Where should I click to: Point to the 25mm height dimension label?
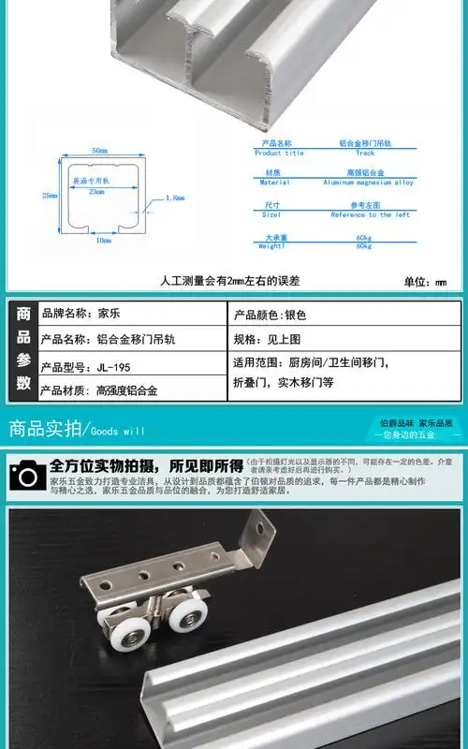pyautogui.click(x=50, y=195)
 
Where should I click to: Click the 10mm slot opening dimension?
pyautogui.click(x=105, y=240)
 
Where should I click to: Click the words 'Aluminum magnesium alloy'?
pyautogui.click(x=368, y=183)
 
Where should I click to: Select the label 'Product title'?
pyautogui.click(x=279, y=153)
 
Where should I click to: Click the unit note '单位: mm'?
pyautogui.click(x=425, y=281)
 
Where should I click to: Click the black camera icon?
pyautogui.click(x=27, y=474)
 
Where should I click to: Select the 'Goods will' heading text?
pyautogui.click(x=118, y=432)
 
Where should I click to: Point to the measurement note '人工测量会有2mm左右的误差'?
pyautogui.click(x=230, y=280)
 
